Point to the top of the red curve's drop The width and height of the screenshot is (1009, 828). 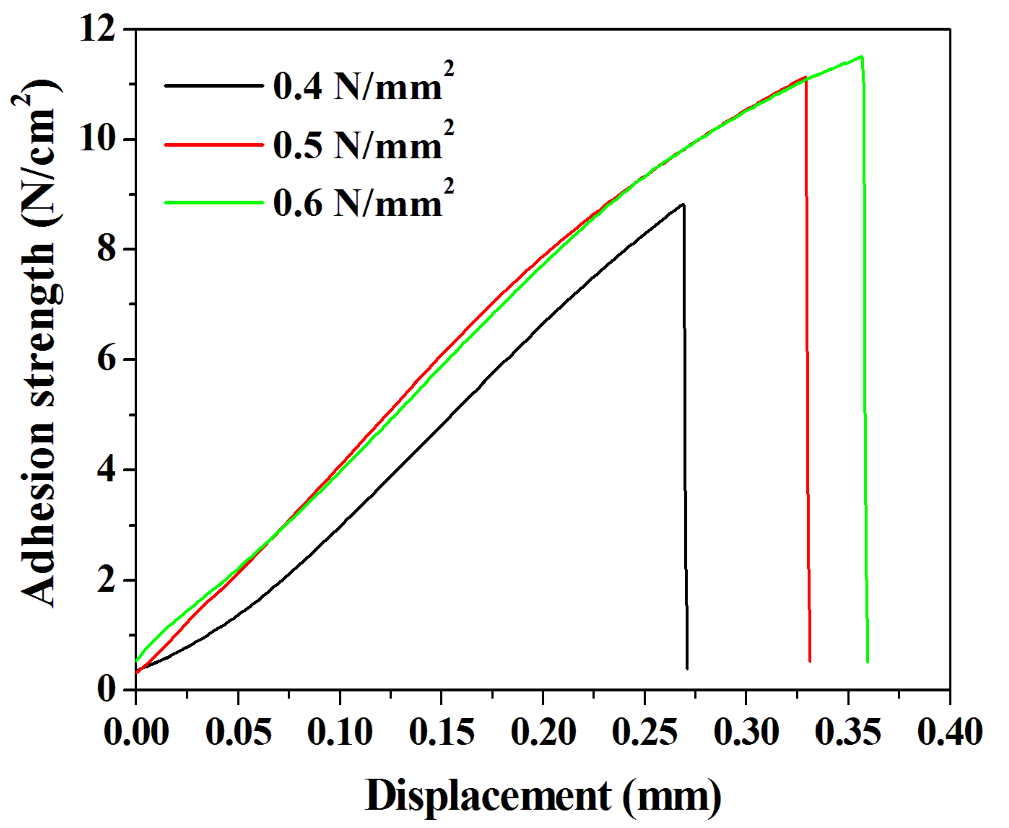coord(806,77)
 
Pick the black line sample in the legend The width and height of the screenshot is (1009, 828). coord(214,86)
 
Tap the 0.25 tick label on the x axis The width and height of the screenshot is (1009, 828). coord(645,732)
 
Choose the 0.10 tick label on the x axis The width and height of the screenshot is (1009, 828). coord(340,732)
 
